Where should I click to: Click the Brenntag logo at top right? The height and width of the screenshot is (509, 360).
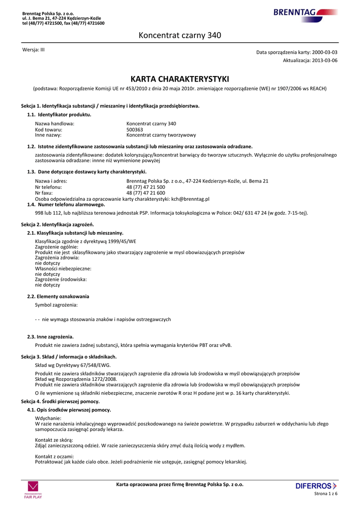[x=304, y=13]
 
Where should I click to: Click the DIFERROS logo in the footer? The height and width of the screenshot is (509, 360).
[x=316, y=486]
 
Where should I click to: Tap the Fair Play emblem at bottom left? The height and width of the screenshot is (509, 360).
[x=33, y=490]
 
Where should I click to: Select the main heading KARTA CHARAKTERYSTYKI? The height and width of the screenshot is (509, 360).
[x=180, y=79]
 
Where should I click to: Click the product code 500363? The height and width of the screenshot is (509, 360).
[x=135, y=129]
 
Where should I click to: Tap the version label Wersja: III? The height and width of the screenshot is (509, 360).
[x=34, y=50]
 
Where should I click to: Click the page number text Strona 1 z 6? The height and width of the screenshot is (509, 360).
[x=326, y=494]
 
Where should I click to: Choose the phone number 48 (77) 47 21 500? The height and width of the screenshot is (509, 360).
[x=146, y=187]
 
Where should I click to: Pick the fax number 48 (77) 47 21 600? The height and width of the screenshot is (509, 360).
[x=146, y=193]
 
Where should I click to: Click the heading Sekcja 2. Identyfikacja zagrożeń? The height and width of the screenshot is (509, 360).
[x=58, y=225]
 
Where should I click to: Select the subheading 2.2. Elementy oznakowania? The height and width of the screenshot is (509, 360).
[x=58, y=296]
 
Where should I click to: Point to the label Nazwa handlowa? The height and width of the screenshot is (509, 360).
[x=55, y=123]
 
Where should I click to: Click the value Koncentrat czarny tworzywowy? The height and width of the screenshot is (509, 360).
[x=161, y=135]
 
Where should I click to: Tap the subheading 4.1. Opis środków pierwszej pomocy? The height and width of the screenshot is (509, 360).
[x=69, y=410]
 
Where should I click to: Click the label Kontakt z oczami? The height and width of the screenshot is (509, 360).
[x=54, y=456]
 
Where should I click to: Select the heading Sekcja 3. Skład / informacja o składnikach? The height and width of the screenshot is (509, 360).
[x=69, y=357]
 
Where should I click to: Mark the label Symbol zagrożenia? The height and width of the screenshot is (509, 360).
[x=56, y=305]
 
